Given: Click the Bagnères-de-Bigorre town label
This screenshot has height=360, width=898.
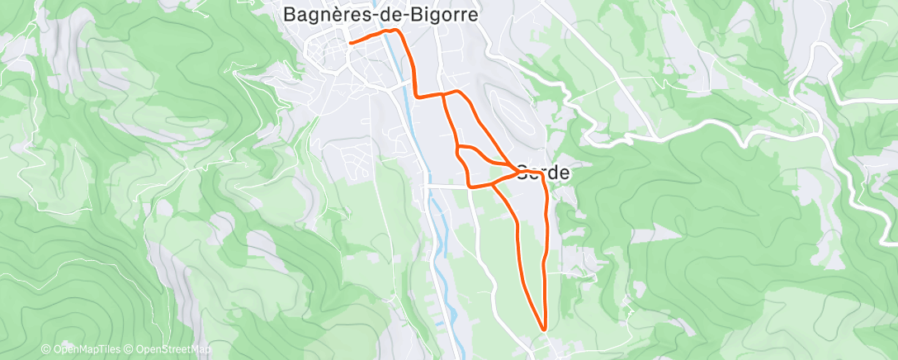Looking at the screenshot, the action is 380,14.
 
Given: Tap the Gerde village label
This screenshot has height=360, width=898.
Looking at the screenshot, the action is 545,173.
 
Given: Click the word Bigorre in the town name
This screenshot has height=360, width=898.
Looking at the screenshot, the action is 449,14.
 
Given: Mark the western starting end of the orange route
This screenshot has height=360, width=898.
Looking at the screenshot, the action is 351,41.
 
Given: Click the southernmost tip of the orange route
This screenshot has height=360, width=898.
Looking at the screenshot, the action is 544,329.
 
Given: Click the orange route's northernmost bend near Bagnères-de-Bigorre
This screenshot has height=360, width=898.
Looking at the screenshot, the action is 397,31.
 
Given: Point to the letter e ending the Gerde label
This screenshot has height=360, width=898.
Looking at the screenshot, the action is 565,173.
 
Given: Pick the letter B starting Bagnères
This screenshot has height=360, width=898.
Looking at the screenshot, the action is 290,14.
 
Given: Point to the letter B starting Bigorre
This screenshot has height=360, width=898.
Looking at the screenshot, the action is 425,14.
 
